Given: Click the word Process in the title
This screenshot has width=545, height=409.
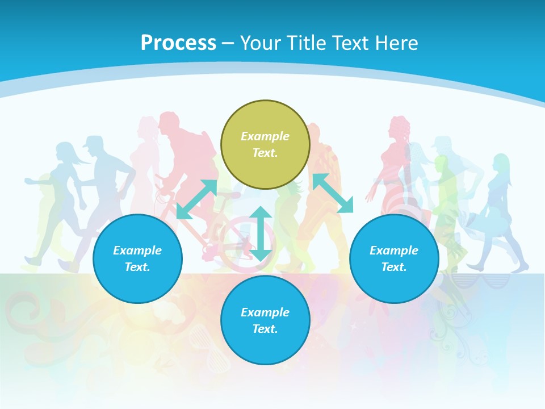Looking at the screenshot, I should coord(178,43).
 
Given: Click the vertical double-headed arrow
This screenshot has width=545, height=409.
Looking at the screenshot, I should coord(261,233).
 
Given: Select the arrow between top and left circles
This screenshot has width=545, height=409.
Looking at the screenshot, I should coord(196,199).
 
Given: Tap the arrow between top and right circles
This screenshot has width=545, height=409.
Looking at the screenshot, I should coord(333,193).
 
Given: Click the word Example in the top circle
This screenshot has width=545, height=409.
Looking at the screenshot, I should coord(265,136).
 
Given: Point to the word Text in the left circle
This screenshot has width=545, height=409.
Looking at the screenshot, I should coord(137,267).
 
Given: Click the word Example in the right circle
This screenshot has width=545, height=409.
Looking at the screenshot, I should coord(394,251).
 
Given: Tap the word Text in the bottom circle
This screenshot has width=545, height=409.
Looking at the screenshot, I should coord(265,329).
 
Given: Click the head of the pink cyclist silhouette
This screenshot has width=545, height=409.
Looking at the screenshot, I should coord(170,122).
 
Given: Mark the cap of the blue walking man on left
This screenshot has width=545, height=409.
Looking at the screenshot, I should coord(93,141).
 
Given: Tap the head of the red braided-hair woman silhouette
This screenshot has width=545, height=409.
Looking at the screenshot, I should coord(399,126).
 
